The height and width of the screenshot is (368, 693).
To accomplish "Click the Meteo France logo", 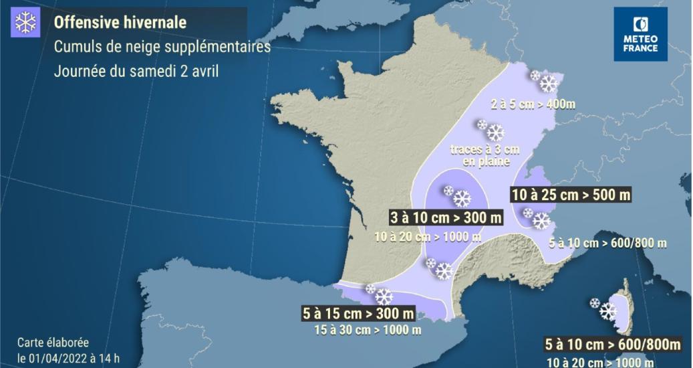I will (x=640, y=34).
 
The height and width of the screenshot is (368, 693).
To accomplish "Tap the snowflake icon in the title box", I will (x=25, y=23).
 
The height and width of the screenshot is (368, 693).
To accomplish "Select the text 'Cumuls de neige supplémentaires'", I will (x=162, y=48).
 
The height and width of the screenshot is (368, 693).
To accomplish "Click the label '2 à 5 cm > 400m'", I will (x=532, y=104).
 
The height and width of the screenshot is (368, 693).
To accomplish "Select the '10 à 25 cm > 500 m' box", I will (x=571, y=195).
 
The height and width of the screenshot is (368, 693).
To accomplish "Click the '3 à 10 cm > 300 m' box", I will (x=446, y=217).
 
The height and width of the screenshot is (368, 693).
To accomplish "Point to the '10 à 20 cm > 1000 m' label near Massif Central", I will (x=427, y=236).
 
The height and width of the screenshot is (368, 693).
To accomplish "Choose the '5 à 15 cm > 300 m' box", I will (x=359, y=313).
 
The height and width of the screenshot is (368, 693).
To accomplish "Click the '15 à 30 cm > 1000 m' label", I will (x=368, y=329).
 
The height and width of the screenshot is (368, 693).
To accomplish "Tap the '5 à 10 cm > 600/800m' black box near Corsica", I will (x=612, y=345).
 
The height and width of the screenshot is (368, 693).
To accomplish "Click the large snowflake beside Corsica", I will (x=607, y=311).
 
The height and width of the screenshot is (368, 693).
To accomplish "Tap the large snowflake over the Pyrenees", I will (x=384, y=296).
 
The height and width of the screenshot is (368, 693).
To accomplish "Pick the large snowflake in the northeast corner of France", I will (x=549, y=84).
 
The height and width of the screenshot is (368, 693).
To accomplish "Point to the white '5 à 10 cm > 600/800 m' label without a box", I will (x=607, y=244).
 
